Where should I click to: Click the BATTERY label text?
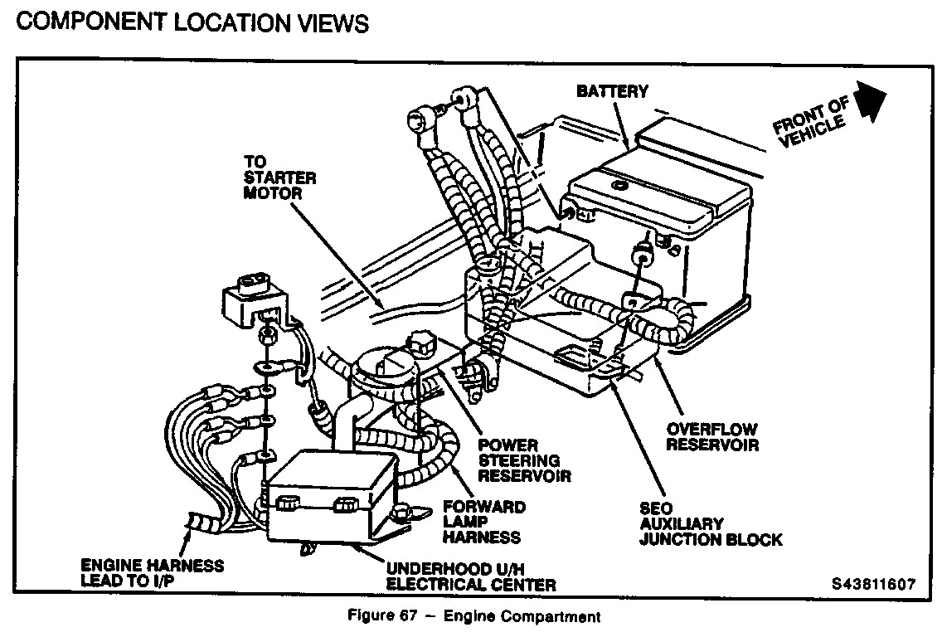613,90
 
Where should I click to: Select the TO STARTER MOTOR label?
273,177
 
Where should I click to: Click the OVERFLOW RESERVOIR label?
712,437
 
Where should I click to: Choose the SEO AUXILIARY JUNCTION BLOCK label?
710,524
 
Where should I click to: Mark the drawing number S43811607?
873,584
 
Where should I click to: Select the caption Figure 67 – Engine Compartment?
472,616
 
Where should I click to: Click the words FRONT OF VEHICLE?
812,125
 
